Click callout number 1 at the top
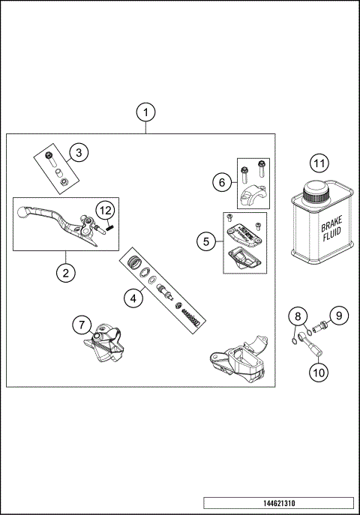[146, 112]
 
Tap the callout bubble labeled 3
[78, 153]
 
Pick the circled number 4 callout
[133, 298]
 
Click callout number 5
[203, 241]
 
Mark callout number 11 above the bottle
[319, 163]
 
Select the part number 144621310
[277, 502]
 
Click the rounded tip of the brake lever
[23, 214]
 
